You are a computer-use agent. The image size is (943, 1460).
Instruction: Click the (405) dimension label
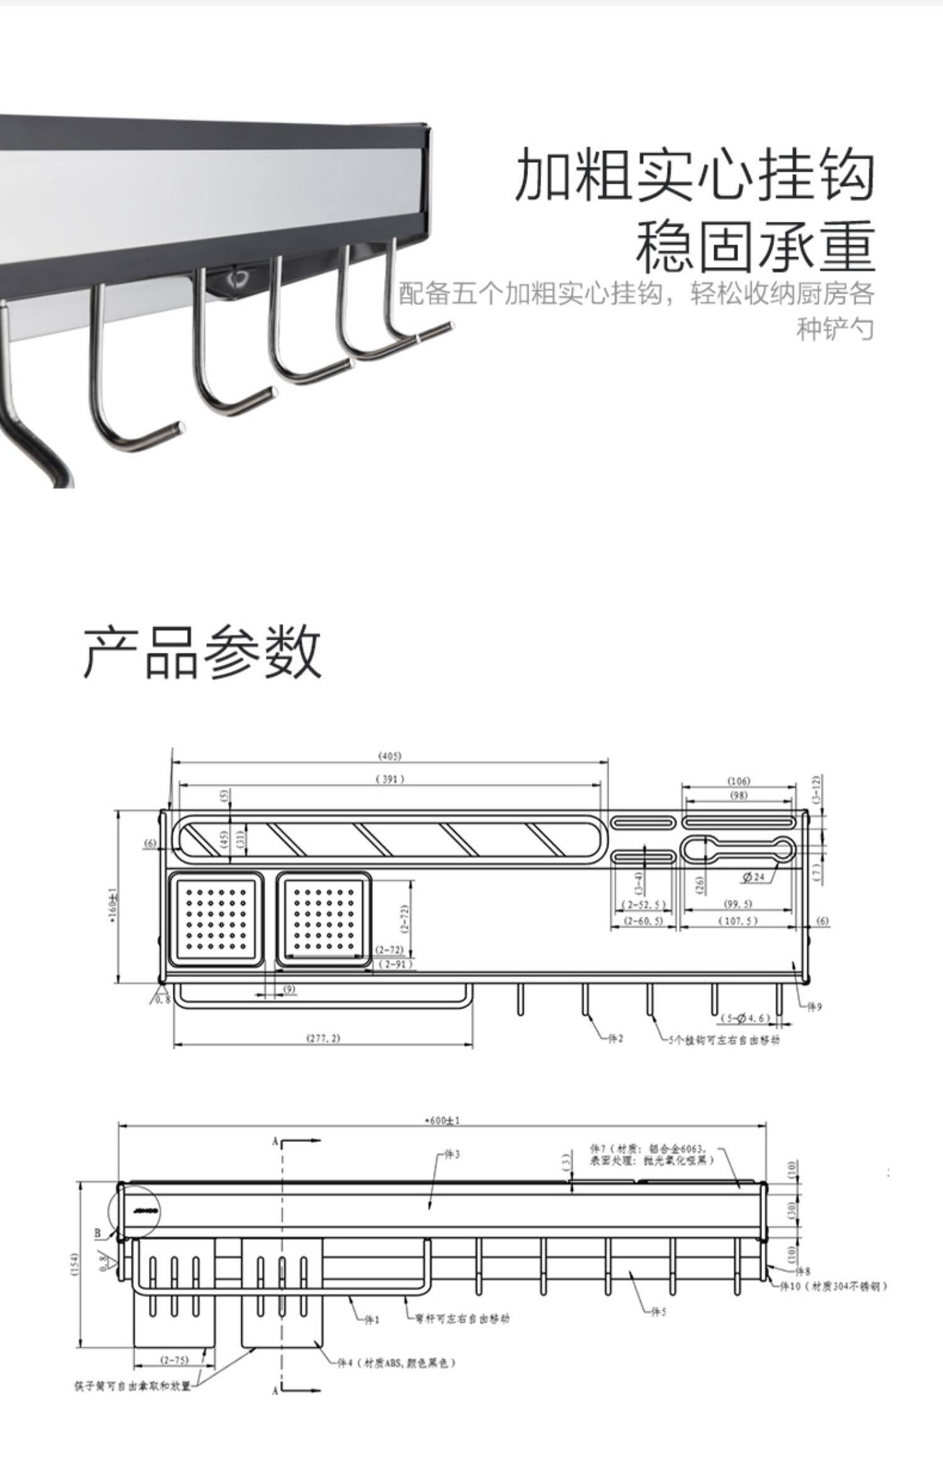[x=390, y=755]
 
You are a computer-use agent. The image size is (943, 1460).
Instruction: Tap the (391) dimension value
[x=390, y=779]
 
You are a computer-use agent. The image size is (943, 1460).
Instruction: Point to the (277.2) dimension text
[x=323, y=1037]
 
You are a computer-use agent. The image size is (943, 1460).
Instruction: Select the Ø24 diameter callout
[x=753, y=877]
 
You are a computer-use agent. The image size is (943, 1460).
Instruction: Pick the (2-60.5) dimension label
[x=642, y=921]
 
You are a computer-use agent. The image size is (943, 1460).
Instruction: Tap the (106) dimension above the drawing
[x=739, y=781]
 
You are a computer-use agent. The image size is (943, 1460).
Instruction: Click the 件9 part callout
[x=814, y=1007]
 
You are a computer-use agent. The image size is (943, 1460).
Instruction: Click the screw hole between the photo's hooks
[x=238, y=277]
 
